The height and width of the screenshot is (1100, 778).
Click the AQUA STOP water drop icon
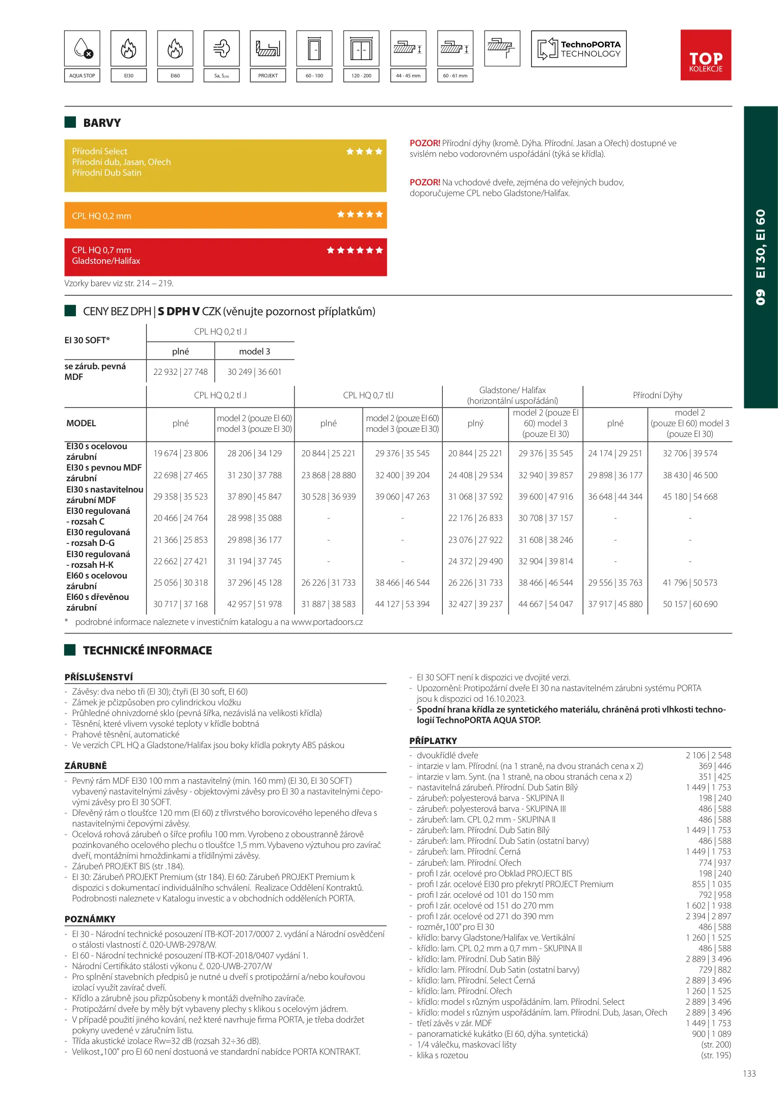82,49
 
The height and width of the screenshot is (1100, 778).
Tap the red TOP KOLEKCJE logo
706,55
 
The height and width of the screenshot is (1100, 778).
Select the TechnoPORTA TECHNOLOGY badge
579,49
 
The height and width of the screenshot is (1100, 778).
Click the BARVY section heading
102,123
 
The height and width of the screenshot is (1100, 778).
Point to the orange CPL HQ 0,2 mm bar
225,215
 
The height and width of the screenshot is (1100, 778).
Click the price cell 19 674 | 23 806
180,453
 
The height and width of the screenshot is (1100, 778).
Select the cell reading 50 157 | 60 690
690,604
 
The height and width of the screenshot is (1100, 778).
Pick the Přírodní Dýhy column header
657,395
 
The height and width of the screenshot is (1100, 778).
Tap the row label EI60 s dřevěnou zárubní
98,602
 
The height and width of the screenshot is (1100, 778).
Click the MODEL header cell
81,423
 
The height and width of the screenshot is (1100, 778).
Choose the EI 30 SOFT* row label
87,340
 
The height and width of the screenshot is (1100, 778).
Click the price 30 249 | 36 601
254,372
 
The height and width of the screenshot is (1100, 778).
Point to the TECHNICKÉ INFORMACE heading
147,650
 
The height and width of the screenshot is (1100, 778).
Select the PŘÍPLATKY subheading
433,740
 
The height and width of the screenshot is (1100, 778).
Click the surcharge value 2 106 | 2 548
708,755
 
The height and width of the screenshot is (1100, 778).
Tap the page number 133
749,1074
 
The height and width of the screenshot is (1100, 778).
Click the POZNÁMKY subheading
90,919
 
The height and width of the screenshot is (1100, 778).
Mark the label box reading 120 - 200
361,75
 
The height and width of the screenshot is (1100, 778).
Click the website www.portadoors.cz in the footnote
327,622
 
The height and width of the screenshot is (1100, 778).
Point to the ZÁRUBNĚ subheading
86,765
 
